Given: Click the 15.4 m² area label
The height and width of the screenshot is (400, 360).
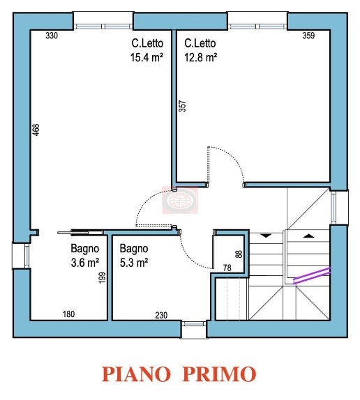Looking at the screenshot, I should [x=147, y=59].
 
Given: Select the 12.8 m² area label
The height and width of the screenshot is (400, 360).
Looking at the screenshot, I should [x=201, y=59].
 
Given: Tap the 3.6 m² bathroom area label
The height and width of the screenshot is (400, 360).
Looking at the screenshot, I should [x=84, y=263].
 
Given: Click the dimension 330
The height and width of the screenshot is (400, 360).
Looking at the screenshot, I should [x=51, y=36].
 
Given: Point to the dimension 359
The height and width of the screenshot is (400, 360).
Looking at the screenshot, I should [x=308, y=36].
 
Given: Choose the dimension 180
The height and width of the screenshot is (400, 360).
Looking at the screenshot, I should [x=69, y=315].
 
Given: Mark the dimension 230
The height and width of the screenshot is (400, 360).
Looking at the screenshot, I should [x=161, y=315].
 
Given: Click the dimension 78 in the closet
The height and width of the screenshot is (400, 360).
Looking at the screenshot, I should [x=227, y=268].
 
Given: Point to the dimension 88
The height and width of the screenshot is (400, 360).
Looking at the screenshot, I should [x=238, y=254].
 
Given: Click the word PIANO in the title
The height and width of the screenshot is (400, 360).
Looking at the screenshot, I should [x=137, y=374].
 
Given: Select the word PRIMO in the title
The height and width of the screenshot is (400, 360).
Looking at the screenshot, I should [x=219, y=374].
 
